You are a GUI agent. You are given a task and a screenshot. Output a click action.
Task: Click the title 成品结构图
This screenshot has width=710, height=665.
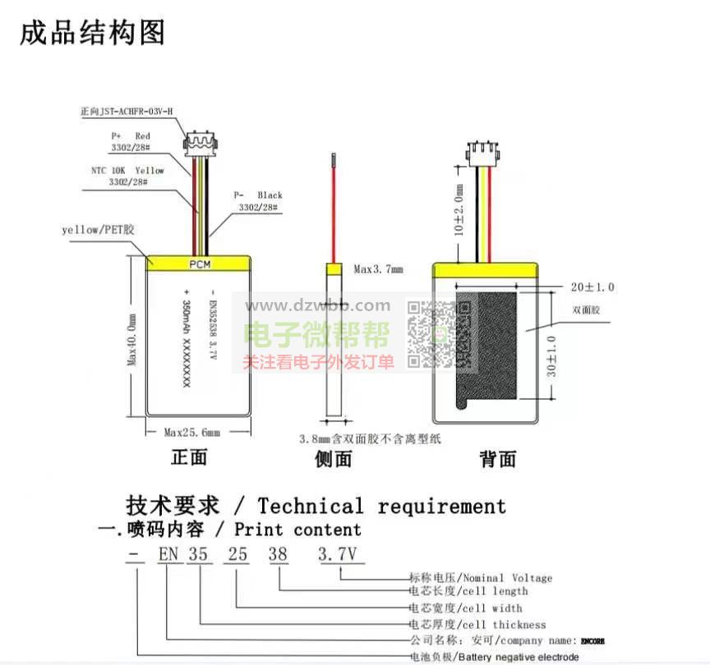92,32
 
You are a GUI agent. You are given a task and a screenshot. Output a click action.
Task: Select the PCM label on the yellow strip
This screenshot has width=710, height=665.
200,264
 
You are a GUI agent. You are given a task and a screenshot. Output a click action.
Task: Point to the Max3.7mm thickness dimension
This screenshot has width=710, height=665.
378,268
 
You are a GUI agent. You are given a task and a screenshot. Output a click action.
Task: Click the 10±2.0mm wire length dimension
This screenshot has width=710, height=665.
459,211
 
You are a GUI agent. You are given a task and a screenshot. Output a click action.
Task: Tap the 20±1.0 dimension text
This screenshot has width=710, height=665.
592,287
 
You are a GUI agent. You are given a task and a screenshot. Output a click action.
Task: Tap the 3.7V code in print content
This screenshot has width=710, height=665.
339,554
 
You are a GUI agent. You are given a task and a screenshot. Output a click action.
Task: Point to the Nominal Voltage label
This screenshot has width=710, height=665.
481,578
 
